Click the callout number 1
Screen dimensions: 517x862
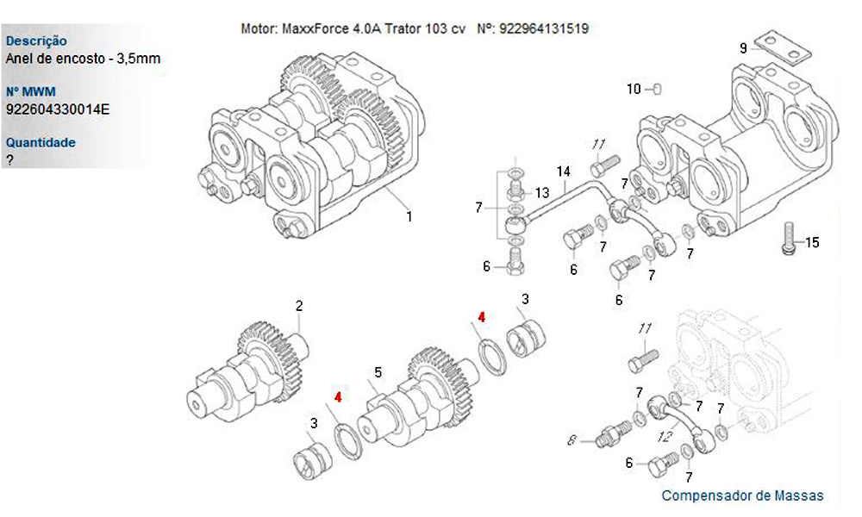click(x=409, y=216)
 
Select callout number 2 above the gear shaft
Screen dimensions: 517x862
click(x=299, y=306)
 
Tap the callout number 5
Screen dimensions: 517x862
click(x=378, y=373)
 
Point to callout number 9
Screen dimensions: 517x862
click(x=743, y=48)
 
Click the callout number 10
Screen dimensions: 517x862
click(x=634, y=89)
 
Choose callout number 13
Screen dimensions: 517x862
click(x=542, y=192)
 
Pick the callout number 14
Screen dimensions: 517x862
click(x=564, y=171)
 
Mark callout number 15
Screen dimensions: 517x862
click(x=812, y=242)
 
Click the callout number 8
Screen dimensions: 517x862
click(x=571, y=440)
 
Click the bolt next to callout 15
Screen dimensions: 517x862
click(x=788, y=238)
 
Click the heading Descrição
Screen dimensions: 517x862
click(x=36, y=40)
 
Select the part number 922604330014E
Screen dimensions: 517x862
click(x=58, y=109)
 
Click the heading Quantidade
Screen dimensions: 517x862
click(x=41, y=142)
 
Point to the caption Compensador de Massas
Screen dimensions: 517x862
click(x=742, y=495)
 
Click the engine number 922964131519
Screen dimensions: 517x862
click(x=544, y=28)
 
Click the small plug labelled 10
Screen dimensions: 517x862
click(x=657, y=89)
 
